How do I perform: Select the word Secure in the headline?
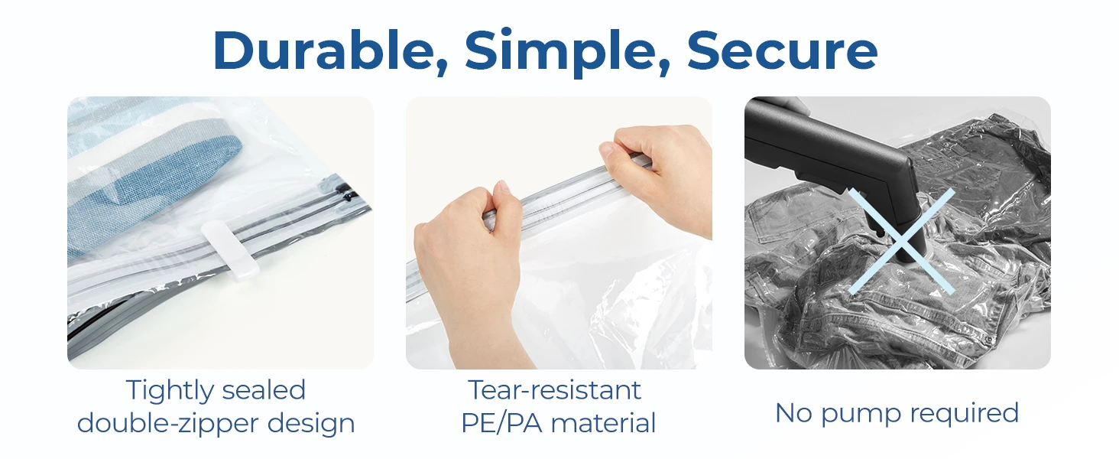pos(782,51)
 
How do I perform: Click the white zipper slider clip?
pos(230,249)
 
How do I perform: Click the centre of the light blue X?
pos(902,242)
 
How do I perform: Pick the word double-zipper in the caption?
pos(168,424)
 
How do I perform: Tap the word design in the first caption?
pos(311,424)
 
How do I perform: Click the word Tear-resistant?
pos(554,390)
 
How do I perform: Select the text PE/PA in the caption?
pos(501,423)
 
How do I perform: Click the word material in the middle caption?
pos(603,423)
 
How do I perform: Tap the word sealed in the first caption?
pos(263,390)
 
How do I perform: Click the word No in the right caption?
pos(793,414)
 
